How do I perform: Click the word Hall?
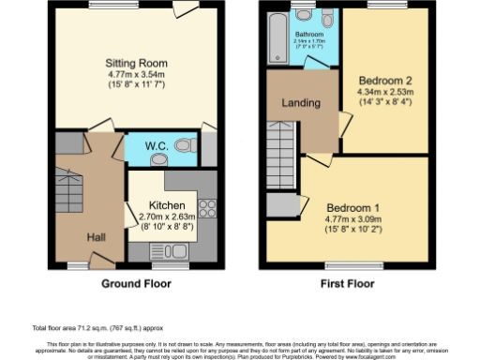point(97,238)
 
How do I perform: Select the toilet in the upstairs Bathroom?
point(328,20)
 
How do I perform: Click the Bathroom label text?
point(310,35)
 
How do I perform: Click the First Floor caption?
point(348,280)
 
